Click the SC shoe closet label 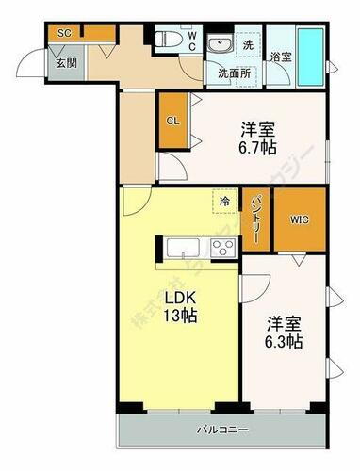[x=64, y=33]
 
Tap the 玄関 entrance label [x=65, y=63]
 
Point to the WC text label [x=191, y=41]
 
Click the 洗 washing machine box [x=248, y=43]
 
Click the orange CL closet [x=172, y=122]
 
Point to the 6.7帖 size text [x=256, y=147]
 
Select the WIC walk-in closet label [x=299, y=220]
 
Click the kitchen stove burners [x=222, y=249]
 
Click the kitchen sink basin [x=183, y=249]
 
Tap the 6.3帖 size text [x=284, y=342]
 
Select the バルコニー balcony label [x=222, y=430]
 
